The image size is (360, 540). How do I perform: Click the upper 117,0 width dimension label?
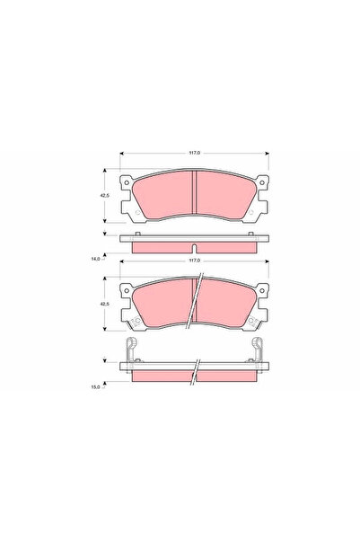(x=195, y=153)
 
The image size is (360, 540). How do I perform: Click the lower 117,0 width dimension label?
(x=195, y=261)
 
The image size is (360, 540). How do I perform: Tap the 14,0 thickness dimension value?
(x=95, y=259)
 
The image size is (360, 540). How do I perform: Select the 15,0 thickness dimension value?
(x=95, y=386)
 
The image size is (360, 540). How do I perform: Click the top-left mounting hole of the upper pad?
(x=127, y=182)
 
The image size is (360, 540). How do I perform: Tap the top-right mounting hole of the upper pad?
(x=262, y=182)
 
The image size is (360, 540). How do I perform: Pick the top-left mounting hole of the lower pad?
(x=127, y=290)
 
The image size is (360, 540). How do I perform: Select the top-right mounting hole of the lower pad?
(x=262, y=290)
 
